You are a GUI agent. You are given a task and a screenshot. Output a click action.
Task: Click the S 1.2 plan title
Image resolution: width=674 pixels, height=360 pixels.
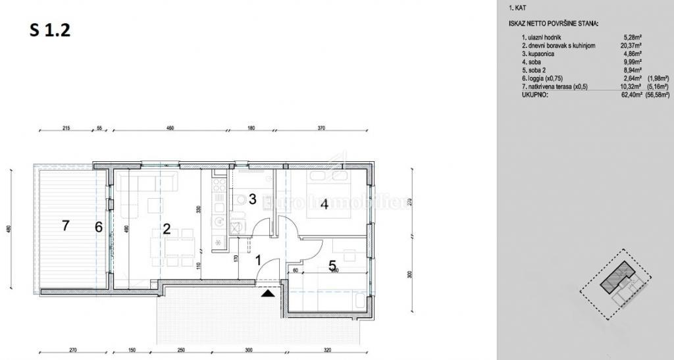(x=50, y=30)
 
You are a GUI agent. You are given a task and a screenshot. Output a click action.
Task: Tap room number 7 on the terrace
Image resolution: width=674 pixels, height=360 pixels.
(x=65, y=226)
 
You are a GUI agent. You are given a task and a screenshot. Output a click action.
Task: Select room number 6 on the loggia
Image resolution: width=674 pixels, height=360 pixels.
(x=98, y=227)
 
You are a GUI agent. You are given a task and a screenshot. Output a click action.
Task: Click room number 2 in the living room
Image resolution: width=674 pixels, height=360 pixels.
(x=167, y=229)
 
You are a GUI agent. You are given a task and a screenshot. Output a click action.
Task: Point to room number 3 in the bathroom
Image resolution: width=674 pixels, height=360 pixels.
(x=252, y=199)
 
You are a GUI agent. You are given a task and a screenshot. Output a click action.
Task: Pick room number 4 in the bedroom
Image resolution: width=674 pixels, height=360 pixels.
(x=324, y=204)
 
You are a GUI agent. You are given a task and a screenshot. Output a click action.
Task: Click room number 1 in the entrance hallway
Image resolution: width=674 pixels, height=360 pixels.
(x=258, y=261)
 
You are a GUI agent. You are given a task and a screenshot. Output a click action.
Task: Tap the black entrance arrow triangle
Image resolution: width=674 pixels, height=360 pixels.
(x=267, y=294)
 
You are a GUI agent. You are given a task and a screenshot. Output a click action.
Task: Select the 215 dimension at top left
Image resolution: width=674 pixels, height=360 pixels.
(x=66, y=129)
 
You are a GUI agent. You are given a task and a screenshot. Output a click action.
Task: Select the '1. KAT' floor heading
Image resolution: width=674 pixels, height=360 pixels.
(x=517, y=9)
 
